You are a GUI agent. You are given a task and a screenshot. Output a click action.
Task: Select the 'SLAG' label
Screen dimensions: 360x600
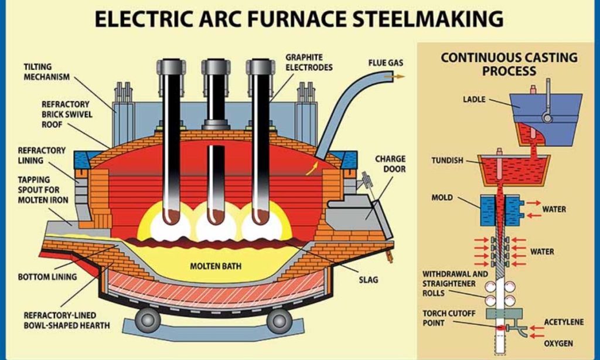[368, 280]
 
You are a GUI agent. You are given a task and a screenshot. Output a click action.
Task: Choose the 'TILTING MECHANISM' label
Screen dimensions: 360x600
[47, 72]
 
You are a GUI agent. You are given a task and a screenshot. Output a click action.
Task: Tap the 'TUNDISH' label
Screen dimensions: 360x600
[448, 160]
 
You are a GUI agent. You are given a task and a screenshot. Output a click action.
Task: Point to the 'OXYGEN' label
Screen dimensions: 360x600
[559, 343]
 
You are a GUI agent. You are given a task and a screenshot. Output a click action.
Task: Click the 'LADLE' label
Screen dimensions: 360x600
[474, 100]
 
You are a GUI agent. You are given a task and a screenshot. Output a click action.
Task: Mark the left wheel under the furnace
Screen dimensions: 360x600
[148, 320]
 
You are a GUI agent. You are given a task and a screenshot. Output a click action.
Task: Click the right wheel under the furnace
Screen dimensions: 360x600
[279, 320]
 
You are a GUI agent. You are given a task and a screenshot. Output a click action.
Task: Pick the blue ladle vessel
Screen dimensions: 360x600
[545, 111]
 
